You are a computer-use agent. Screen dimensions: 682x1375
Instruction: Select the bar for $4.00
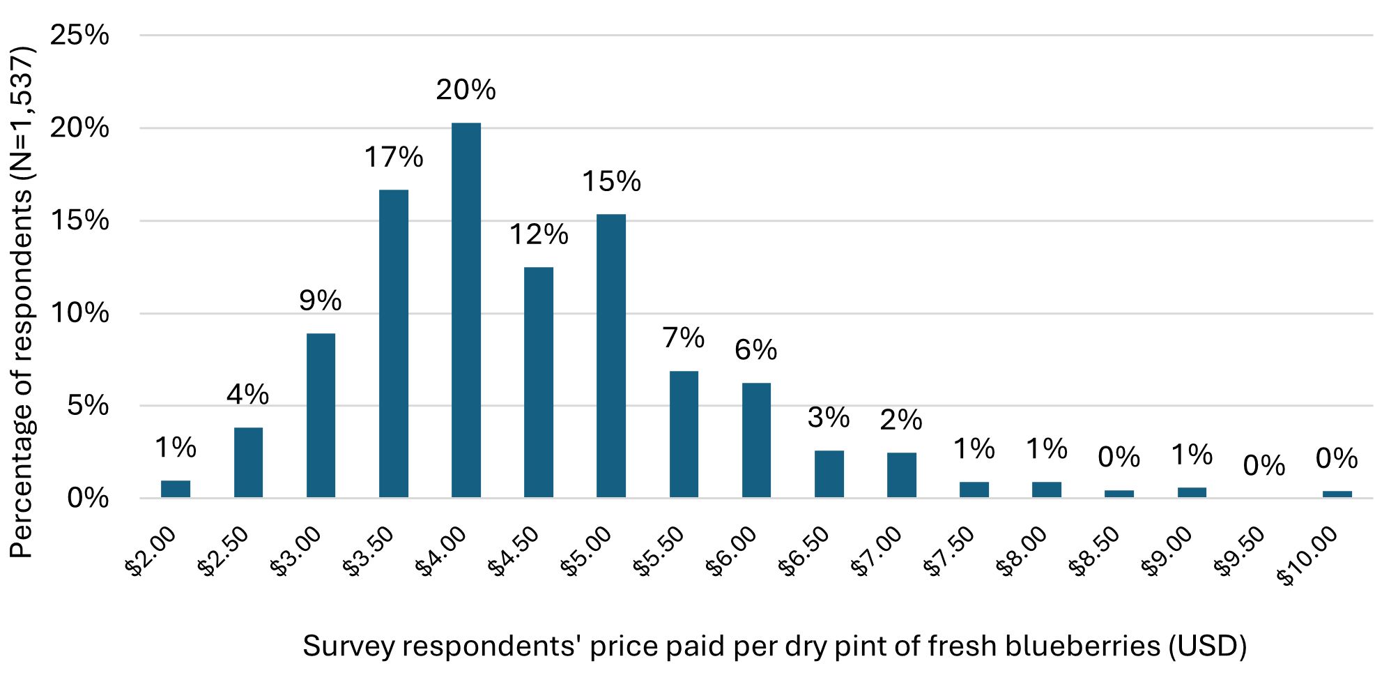coord(466,310)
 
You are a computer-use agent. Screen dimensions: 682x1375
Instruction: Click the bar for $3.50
coord(393,343)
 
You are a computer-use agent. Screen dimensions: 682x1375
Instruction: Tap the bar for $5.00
coord(610,356)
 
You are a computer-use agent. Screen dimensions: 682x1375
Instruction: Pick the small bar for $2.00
coord(175,489)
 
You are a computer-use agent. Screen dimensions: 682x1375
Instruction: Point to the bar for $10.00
coord(1337,494)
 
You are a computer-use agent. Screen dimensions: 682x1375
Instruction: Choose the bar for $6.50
coord(829,473)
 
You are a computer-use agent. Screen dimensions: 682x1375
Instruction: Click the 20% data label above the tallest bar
coord(466,90)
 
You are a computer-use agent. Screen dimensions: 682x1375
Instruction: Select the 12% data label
coord(538,234)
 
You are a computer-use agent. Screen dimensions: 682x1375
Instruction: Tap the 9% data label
coord(320,301)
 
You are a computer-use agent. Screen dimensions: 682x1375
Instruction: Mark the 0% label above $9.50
coord(1263,466)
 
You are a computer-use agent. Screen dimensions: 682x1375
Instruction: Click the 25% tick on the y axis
coord(79,35)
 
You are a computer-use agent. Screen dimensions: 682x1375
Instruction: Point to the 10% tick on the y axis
coord(79,313)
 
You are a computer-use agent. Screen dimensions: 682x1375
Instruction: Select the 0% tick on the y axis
coord(88,498)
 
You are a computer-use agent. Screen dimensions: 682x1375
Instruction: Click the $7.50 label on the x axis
coord(949,552)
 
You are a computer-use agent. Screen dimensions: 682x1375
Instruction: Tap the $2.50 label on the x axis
coord(223,552)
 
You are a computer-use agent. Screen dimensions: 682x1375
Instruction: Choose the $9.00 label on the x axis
coord(1167,552)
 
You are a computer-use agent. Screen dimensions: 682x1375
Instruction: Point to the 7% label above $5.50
coord(683,338)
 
